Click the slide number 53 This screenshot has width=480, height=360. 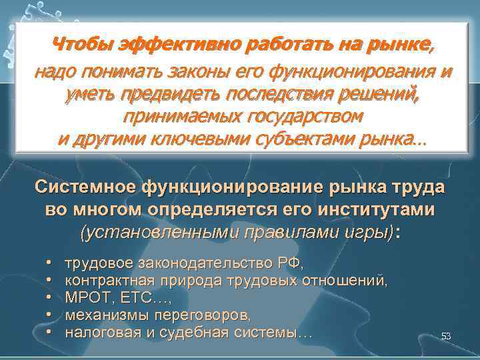point(446,337)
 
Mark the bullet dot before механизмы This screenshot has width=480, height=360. point(50,315)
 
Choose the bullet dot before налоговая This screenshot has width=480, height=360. point(50,331)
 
